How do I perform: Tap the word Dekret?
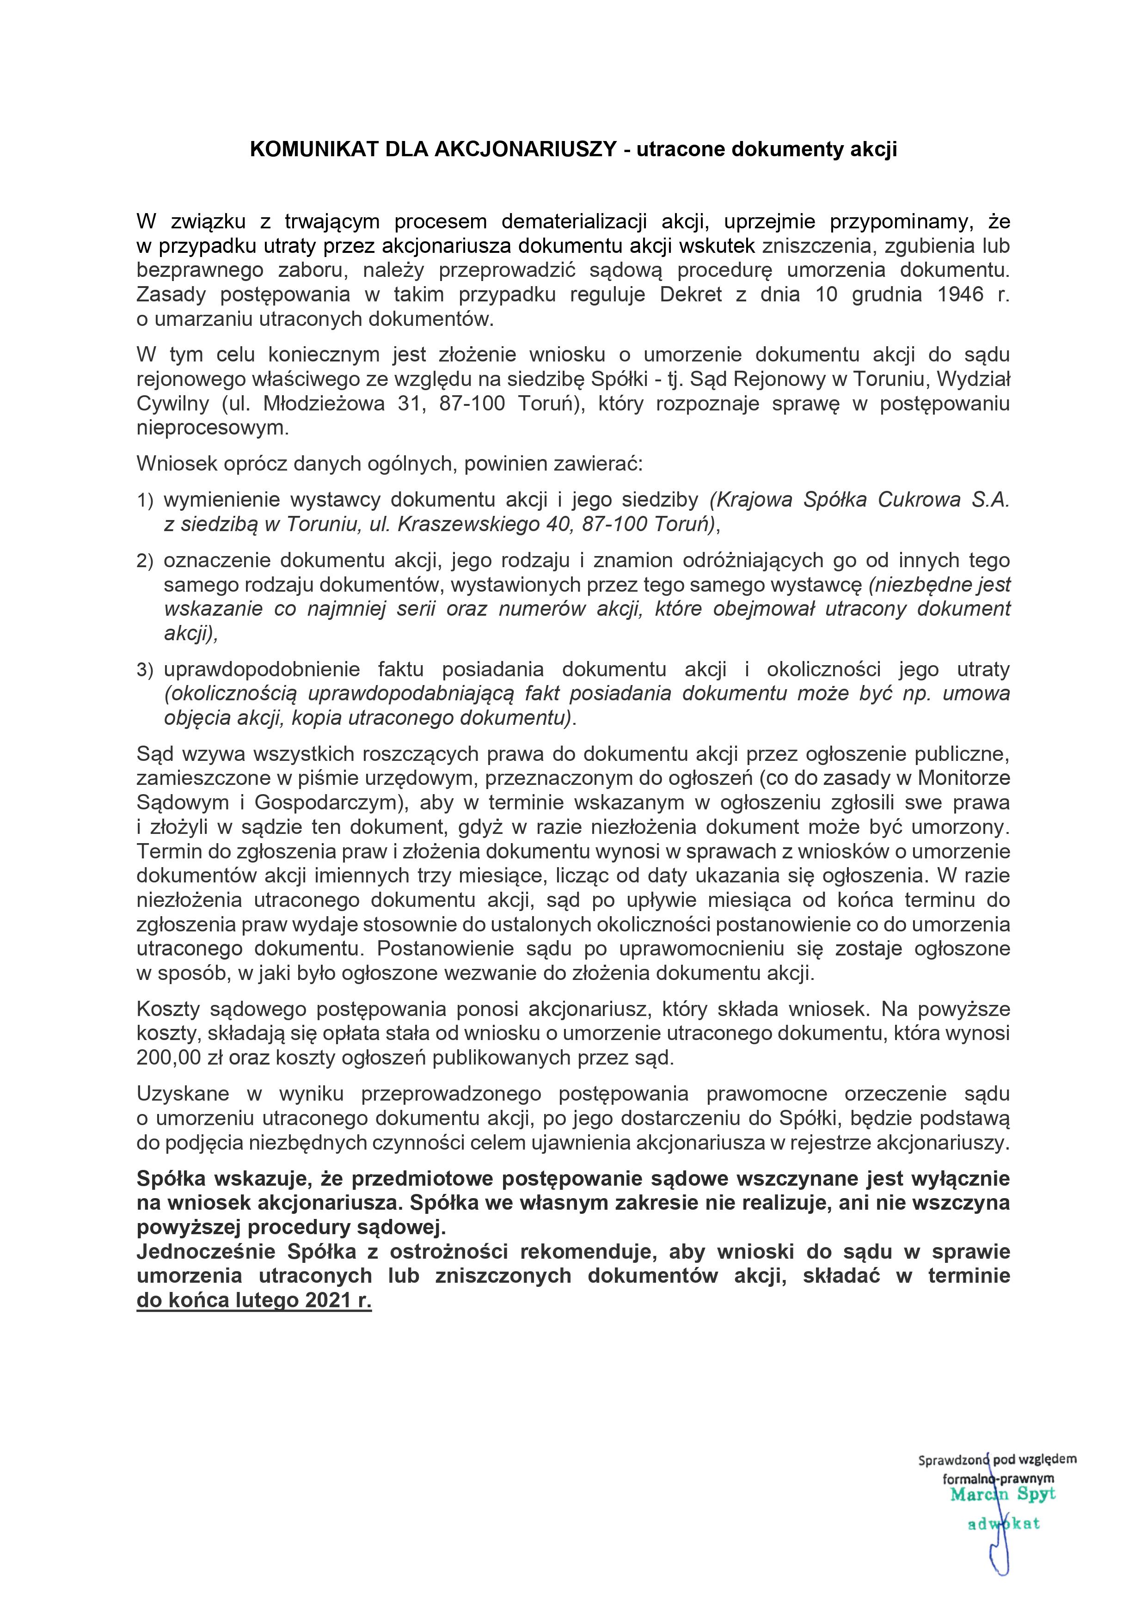tap(690, 294)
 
